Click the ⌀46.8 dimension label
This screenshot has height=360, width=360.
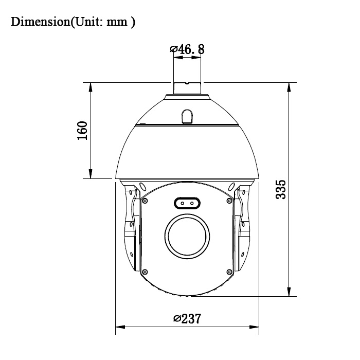coord(187,49)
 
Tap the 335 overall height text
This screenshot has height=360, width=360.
coord(281,190)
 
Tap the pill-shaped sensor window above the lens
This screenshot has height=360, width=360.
coord(186,204)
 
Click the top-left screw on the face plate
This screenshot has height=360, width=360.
coord(145,201)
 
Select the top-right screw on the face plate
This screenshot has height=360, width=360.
coord(228,201)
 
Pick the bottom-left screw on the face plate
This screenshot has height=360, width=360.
coord(145,272)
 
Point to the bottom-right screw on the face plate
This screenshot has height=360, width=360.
coord(228,272)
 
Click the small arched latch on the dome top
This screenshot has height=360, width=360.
coord(187,116)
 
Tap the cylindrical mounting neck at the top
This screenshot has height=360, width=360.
coord(187,88)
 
